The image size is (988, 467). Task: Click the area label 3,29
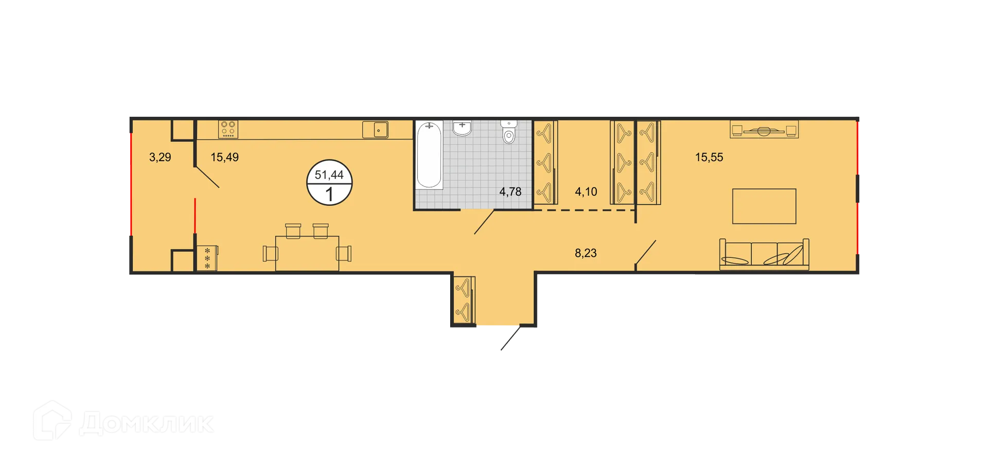pos(160,157)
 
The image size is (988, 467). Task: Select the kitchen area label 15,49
pos(224,157)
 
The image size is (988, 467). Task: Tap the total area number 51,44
pos(329,175)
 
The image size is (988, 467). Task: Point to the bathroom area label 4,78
pos(510,192)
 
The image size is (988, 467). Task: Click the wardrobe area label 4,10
pos(586,192)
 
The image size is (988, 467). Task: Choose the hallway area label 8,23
pos(586,253)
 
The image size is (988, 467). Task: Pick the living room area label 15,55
pos(709,157)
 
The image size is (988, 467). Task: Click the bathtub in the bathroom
pos(429,154)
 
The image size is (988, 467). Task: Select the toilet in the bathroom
pos(508,132)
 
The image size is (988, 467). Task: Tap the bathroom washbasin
pos(462,128)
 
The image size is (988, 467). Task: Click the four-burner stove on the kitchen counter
pos(228,129)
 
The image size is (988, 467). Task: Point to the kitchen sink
pos(375,130)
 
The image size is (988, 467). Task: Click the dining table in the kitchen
pos(307,253)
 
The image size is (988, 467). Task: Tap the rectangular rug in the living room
pos(764,206)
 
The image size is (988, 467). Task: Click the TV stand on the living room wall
pos(764,130)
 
